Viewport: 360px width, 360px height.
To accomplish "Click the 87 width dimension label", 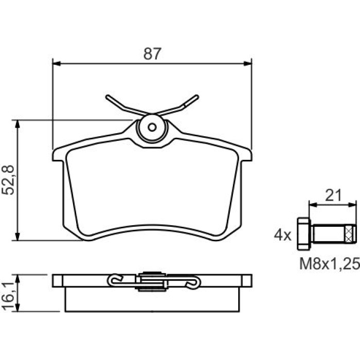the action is [152, 54].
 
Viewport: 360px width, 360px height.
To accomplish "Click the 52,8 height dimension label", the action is [8, 180].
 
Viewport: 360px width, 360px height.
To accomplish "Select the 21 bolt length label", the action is [333, 195].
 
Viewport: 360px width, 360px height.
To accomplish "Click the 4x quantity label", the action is [282, 235].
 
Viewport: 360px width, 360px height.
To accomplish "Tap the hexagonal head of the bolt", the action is [304, 233].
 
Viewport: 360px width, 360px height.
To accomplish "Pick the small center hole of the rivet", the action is [152, 127].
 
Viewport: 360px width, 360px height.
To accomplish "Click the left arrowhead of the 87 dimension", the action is [57, 64].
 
